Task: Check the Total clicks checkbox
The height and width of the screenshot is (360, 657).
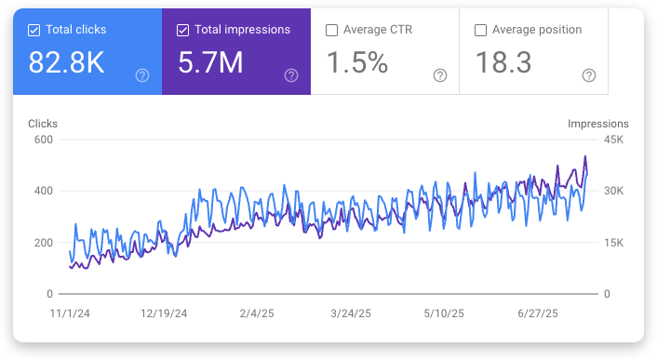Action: (34, 30)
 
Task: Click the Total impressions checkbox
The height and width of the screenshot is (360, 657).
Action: (183, 30)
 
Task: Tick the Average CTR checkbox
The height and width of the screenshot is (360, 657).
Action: (332, 30)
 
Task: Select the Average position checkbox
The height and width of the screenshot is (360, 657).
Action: (481, 30)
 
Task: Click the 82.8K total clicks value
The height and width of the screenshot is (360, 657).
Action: (65, 62)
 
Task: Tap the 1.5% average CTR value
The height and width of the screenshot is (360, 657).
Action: (357, 62)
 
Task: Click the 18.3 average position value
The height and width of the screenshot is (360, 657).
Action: (503, 62)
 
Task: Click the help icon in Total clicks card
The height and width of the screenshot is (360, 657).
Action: (142, 75)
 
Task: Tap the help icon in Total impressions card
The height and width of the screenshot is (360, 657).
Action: (291, 75)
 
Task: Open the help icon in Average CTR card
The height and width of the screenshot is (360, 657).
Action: (440, 75)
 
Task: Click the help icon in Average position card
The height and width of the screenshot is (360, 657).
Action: (589, 75)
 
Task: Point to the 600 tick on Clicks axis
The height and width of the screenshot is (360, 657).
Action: (43, 140)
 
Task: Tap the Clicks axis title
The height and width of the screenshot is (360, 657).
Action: (43, 124)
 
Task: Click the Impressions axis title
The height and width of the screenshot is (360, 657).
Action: (597, 124)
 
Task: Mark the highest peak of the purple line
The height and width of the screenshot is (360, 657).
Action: (585, 156)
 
